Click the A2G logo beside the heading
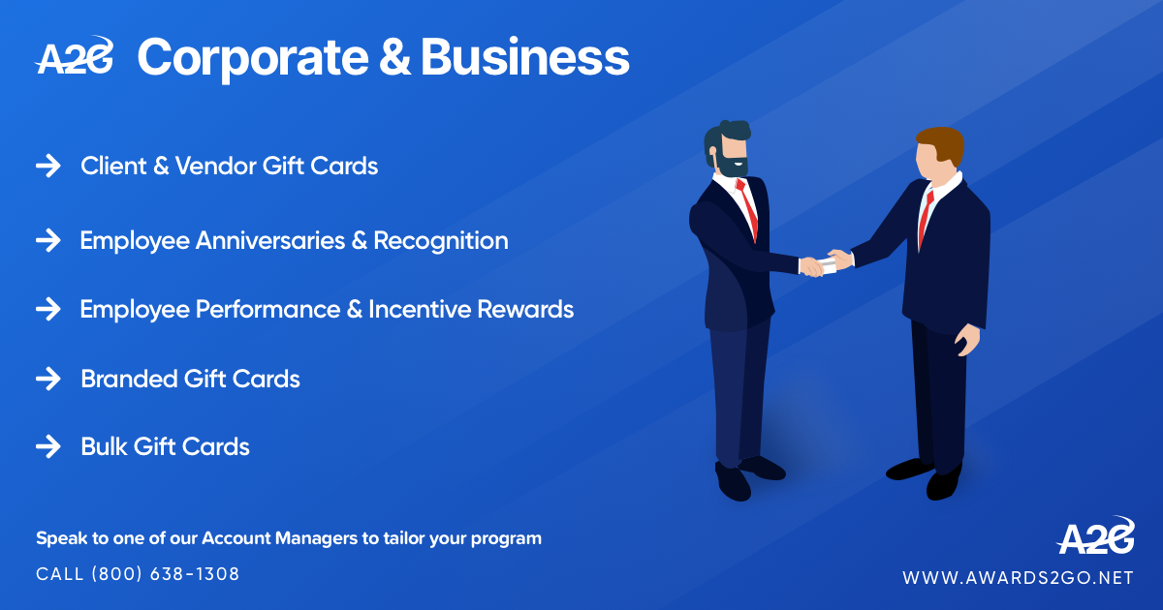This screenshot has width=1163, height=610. (75, 56)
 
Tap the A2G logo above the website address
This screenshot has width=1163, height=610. (1095, 536)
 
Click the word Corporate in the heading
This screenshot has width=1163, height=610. (253, 58)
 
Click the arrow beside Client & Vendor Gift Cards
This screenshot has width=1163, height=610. (48, 166)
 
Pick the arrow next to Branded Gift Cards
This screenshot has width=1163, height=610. (48, 379)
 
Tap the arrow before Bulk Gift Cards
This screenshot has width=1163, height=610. (48, 446)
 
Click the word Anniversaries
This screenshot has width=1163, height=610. (270, 241)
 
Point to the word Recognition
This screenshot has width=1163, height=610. (441, 242)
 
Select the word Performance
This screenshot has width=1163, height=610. (267, 310)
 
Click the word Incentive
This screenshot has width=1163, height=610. (420, 310)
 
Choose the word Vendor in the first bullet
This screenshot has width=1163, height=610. (215, 166)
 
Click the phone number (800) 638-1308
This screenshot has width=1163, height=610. (166, 574)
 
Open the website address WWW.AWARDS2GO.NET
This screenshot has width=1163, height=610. (1018, 578)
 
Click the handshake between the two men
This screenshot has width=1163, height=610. (826, 262)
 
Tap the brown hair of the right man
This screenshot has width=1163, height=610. (942, 143)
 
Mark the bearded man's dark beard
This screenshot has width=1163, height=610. (731, 164)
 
